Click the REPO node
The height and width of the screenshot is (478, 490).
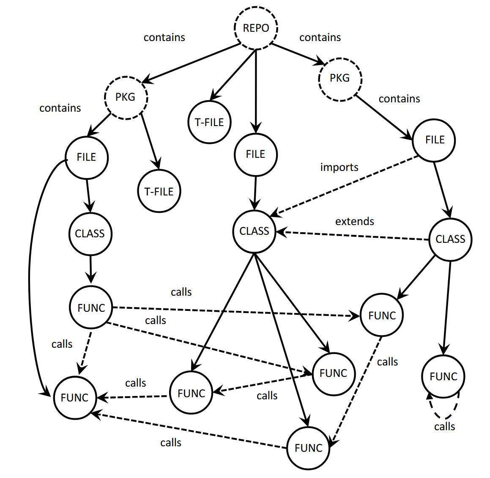[x=256, y=28]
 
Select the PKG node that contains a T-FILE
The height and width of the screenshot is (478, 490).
[x=126, y=97]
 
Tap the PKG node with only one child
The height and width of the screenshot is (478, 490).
[x=339, y=78]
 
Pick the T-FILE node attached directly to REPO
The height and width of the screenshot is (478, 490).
[x=209, y=122]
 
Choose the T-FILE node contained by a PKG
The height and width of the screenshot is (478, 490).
[x=159, y=191]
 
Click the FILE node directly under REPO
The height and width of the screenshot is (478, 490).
[x=255, y=154]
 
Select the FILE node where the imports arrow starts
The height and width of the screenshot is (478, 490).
[x=434, y=140]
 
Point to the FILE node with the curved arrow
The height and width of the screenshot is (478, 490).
[x=87, y=157]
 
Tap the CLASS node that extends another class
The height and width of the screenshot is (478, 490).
[x=450, y=239]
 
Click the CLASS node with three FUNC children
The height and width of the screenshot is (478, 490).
[x=254, y=231]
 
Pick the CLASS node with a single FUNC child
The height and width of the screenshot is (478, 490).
[x=90, y=234]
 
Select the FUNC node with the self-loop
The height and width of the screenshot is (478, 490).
[x=443, y=376]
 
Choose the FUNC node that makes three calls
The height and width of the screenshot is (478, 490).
[x=91, y=308]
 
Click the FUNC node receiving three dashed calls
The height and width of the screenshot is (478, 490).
[x=75, y=398]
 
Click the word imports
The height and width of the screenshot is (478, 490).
[x=339, y=167]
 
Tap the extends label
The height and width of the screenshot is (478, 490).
[x=354, y=221]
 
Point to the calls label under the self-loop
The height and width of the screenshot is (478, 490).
[x=444, y=426]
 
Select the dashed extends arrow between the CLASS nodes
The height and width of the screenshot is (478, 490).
[x=355, y=236]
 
